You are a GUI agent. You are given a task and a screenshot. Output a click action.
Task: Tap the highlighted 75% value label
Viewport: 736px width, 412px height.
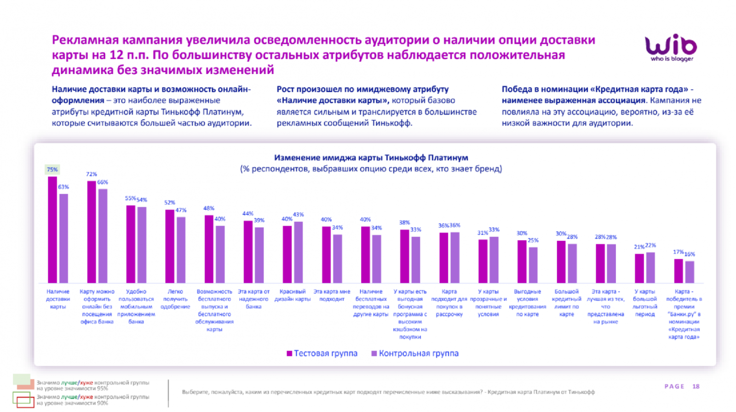(x=52, y=170)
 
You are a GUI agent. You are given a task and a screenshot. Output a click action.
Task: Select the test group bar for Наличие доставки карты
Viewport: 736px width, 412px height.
(x=52, y=229)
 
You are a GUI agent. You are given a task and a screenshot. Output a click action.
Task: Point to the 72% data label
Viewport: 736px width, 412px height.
(x=91, y=174)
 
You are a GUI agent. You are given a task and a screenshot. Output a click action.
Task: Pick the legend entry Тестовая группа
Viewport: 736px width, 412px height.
(x=322, y=353)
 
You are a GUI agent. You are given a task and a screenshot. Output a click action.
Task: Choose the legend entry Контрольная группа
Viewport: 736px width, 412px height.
(x=415, y=353)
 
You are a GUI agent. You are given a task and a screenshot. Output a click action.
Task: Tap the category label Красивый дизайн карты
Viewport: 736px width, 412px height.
(x=293, y=295)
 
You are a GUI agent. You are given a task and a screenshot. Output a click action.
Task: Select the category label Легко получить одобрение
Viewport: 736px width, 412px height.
(x=175, y=299)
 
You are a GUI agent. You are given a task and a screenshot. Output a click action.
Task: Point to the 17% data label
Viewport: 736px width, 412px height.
(x=678, y=252)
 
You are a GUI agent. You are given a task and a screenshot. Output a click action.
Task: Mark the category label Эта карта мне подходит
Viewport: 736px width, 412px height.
(x=332, y=295)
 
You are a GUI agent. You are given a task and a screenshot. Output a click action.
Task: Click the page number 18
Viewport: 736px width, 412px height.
(x=696, y=386)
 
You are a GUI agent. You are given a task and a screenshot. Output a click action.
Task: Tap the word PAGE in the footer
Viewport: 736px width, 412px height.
(x=674, y=386)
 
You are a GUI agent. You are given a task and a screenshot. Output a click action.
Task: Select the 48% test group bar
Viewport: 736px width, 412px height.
(x=209, y=249)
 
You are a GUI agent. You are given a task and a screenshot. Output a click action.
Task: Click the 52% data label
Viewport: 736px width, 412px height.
(x=170, y=202)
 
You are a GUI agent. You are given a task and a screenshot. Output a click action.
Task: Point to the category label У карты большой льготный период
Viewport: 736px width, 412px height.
(x=644, y=303)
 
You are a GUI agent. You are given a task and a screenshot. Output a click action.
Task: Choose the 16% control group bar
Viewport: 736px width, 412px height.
(x=690, y=272)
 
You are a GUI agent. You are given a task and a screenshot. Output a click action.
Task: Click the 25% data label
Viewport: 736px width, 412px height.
(x=533, y=240)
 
